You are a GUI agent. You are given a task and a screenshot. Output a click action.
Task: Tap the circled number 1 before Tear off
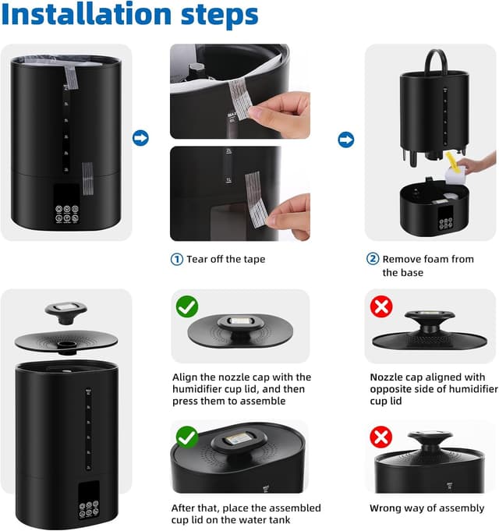pos(177,259)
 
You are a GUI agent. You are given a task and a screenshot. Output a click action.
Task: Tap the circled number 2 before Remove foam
pos(373,259)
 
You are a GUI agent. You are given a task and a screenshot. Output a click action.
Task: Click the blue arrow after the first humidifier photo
pos(140,139)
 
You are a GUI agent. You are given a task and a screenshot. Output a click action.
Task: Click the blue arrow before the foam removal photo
pos(345,140)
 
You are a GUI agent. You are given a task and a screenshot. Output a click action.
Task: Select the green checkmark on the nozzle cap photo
pos(187,306)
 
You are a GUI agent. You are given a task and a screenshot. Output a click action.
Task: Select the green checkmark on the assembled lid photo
pos(187,437)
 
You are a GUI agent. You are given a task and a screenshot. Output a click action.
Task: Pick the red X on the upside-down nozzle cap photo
pos(380,306)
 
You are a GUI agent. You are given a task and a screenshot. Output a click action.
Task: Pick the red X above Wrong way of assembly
pos(380,437)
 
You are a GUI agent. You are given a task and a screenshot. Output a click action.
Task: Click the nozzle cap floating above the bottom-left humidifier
pos(66,310)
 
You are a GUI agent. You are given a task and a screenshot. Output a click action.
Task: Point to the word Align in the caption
pos(187,377)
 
